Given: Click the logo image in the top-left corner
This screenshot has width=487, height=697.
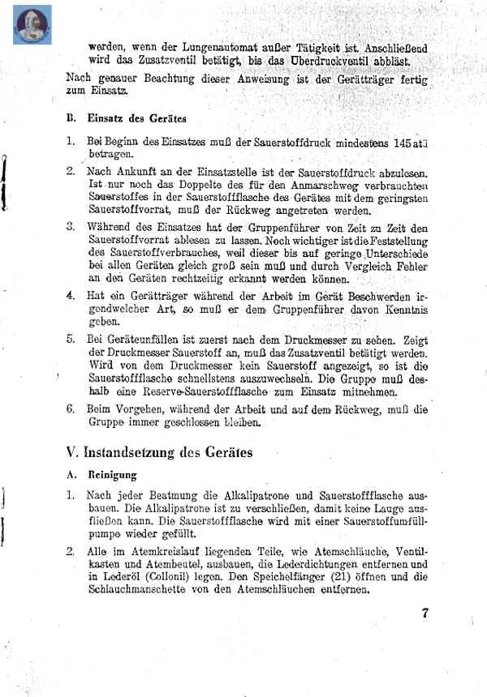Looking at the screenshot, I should tap(32, 24).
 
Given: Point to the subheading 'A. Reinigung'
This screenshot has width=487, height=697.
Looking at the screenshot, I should tap(101, 475).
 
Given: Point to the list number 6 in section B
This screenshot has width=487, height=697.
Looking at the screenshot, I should tap(71, 410).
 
